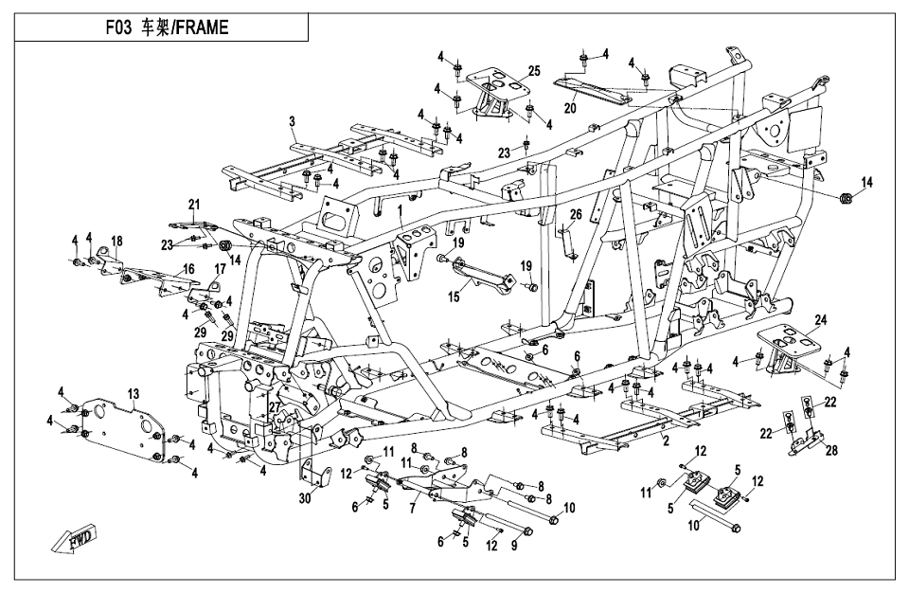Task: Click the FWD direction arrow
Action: point(75,541)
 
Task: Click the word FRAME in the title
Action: point(202,27)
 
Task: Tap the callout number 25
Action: point(533,71)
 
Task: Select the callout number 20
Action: point(570,107)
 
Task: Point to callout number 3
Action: point(293,122)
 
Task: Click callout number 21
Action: point(193,205)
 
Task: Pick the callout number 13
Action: point(134,395)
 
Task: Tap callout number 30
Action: point(305,498)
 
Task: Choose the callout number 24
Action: point(820,320)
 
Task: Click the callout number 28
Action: point(831,450)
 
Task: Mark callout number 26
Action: point(575,215)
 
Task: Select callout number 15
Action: point(454,297)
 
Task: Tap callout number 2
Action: point(666,441)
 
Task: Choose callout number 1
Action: point(400,209)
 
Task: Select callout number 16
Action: point(189,268)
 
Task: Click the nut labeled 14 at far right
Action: point(846,199)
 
